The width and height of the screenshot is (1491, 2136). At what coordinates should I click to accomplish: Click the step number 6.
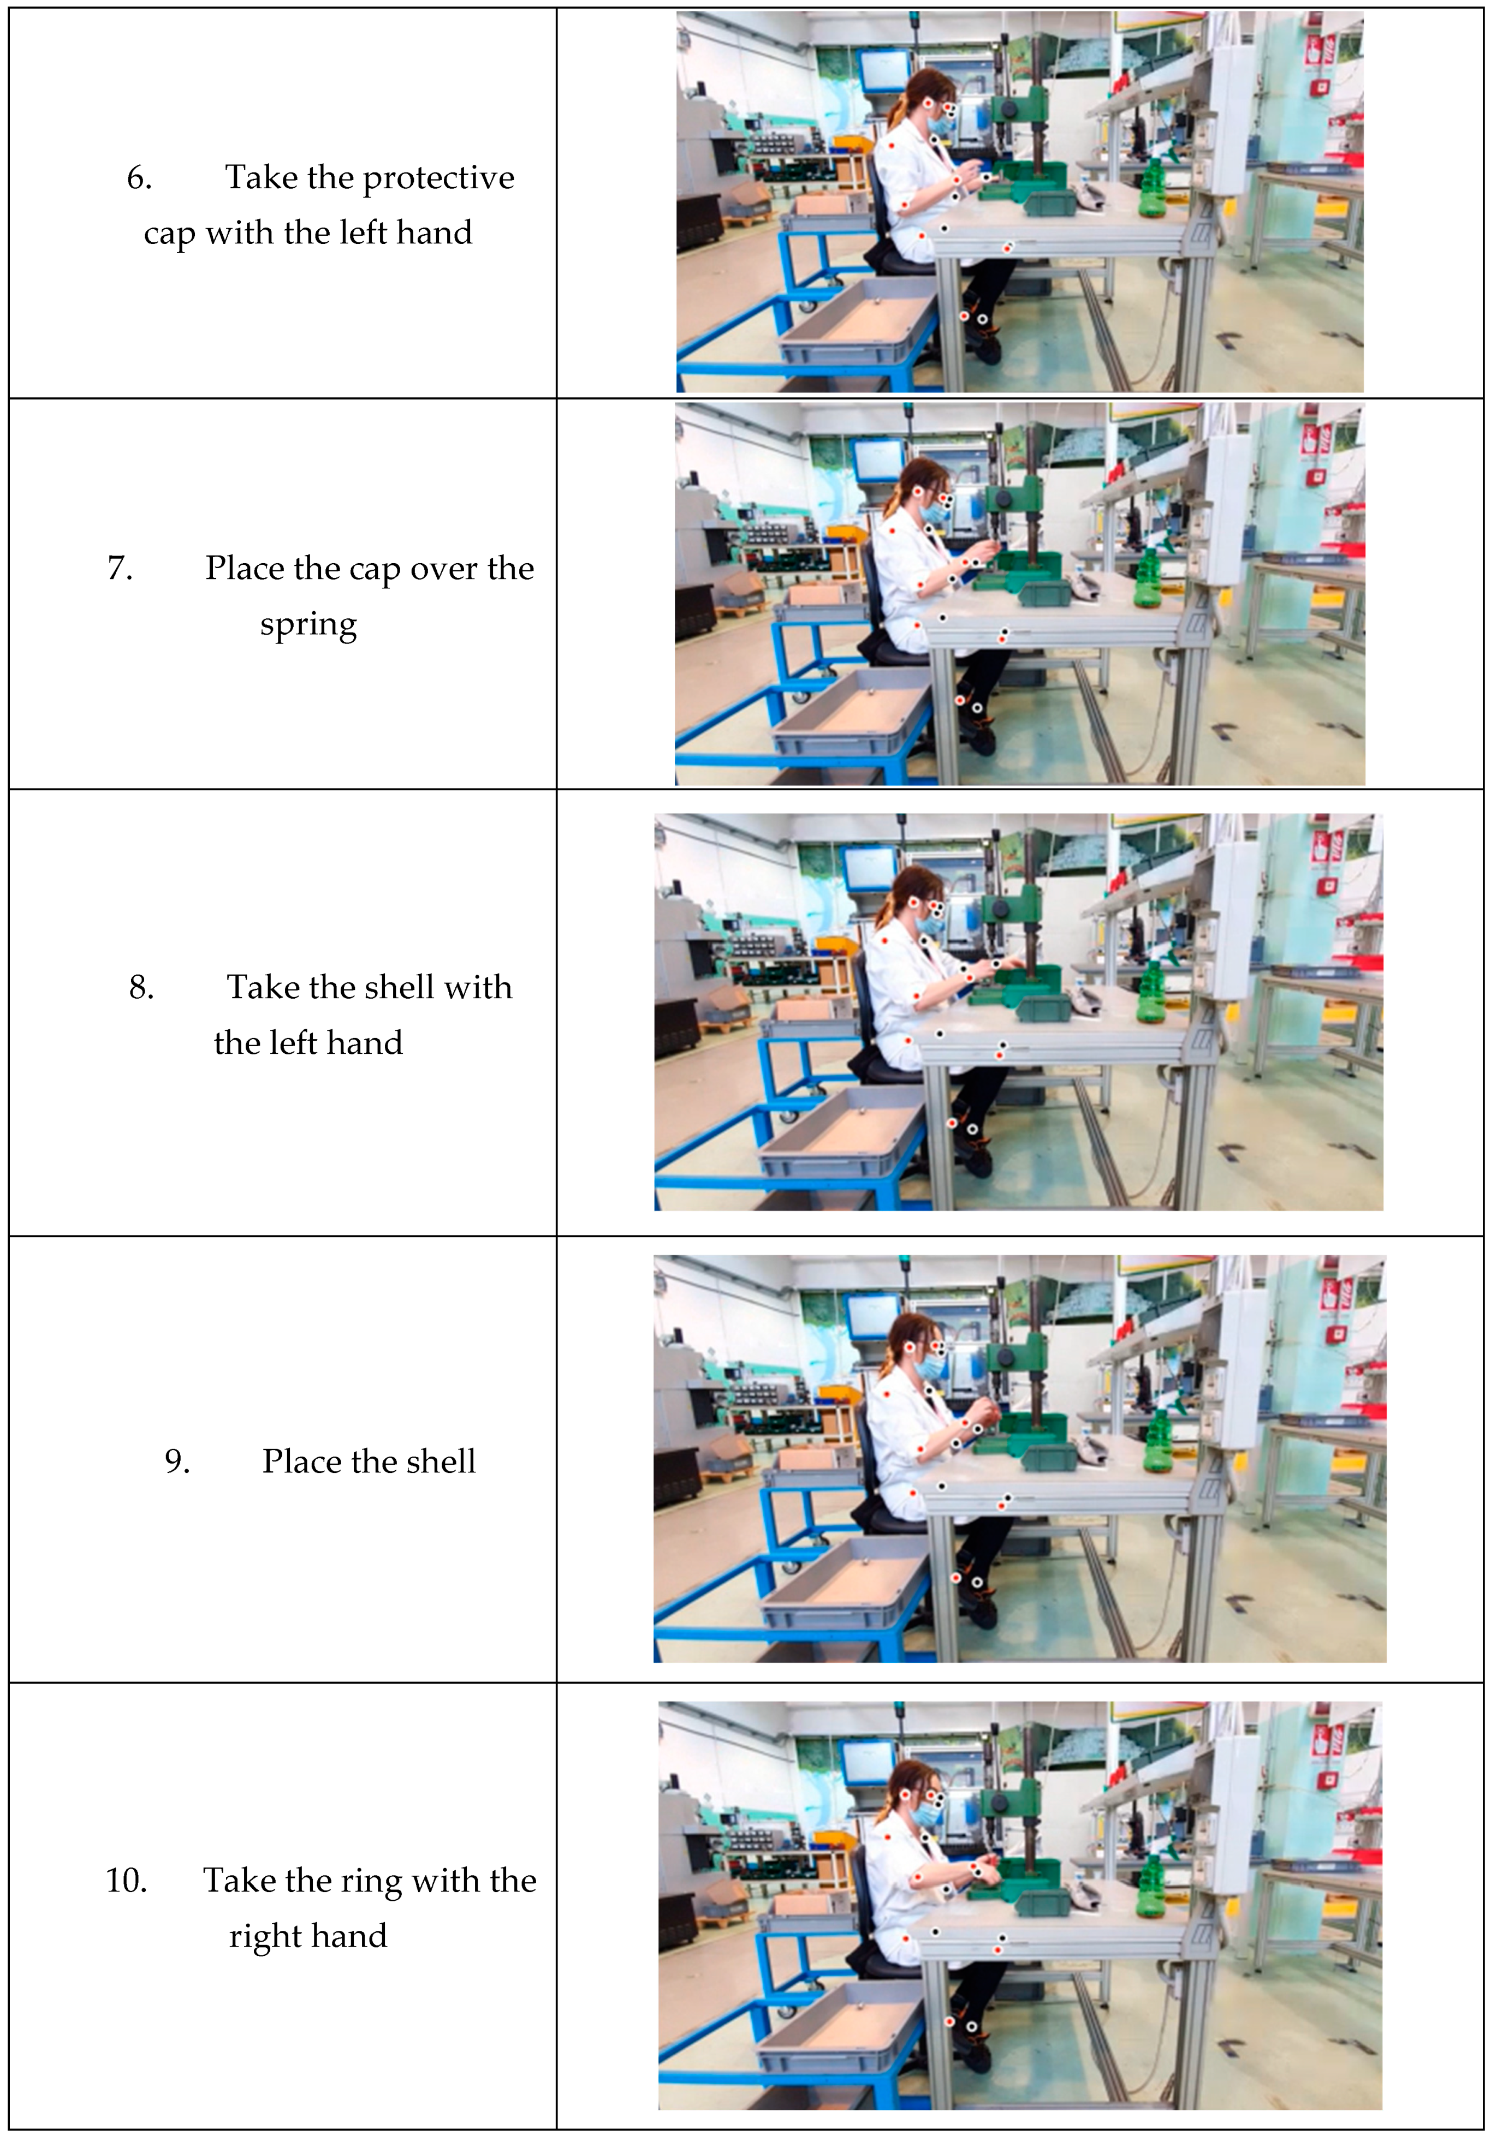[139, 178]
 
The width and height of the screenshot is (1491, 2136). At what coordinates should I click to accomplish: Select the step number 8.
[141, 987]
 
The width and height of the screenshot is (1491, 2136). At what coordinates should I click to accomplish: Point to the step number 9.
[177, 1461]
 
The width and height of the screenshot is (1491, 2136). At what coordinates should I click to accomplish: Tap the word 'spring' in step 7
[308, 626]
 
